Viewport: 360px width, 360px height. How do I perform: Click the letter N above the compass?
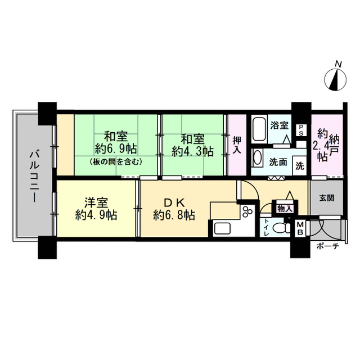(x=337, y=64)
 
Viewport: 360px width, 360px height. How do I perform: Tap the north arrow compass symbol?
(x=335, y=79)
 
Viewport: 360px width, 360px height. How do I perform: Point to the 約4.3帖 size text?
(x=193, y=151)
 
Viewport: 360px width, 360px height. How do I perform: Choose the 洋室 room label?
(x=96, y=202)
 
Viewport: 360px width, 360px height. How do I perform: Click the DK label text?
(x=174, y=202)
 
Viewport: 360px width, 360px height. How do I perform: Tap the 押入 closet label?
(x=237, y=145)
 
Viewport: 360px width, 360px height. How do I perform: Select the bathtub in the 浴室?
(x=259, y=129)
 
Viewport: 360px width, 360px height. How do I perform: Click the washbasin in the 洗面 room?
(x=257, y=157)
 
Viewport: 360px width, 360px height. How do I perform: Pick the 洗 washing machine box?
(x=300, y=166)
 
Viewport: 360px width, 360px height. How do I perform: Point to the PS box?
(x=301, y=130)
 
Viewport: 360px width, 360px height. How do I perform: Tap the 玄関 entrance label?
(x=327, y=198)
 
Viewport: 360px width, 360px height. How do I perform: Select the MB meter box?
(x=300, y=228)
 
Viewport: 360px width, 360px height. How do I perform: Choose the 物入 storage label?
(x=285, y=209)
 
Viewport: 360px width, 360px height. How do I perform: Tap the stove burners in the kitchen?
(x=247, y=211)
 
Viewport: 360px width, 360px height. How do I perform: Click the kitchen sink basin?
(x=223, y=229)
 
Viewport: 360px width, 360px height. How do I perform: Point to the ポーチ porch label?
(x=327, y=246)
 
